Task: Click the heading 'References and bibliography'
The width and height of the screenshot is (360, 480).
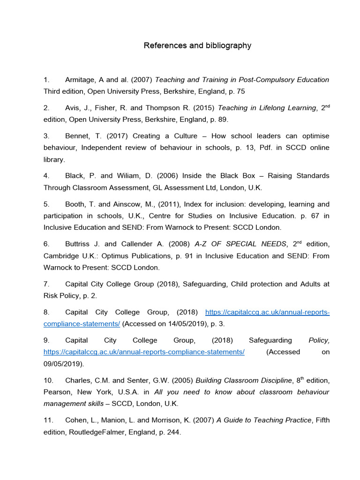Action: point(197,45)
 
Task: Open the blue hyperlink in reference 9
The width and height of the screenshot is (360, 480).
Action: point(144,352)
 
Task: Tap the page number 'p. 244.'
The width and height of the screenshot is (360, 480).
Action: point(167,432)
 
